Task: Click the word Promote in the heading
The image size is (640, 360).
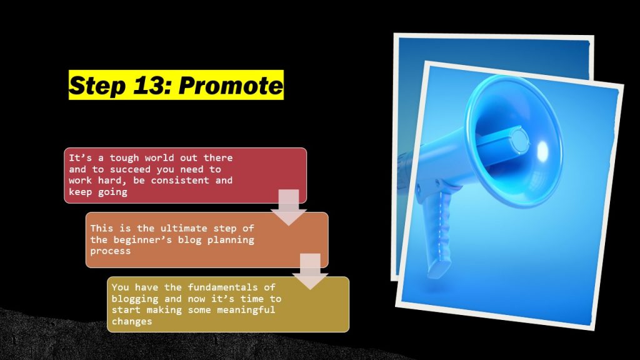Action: (x=231, y=86)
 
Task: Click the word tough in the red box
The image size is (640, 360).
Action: (x=124, y=158)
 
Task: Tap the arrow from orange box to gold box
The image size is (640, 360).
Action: (x=310, y=271)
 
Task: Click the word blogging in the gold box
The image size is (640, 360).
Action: (x=135, y=299)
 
